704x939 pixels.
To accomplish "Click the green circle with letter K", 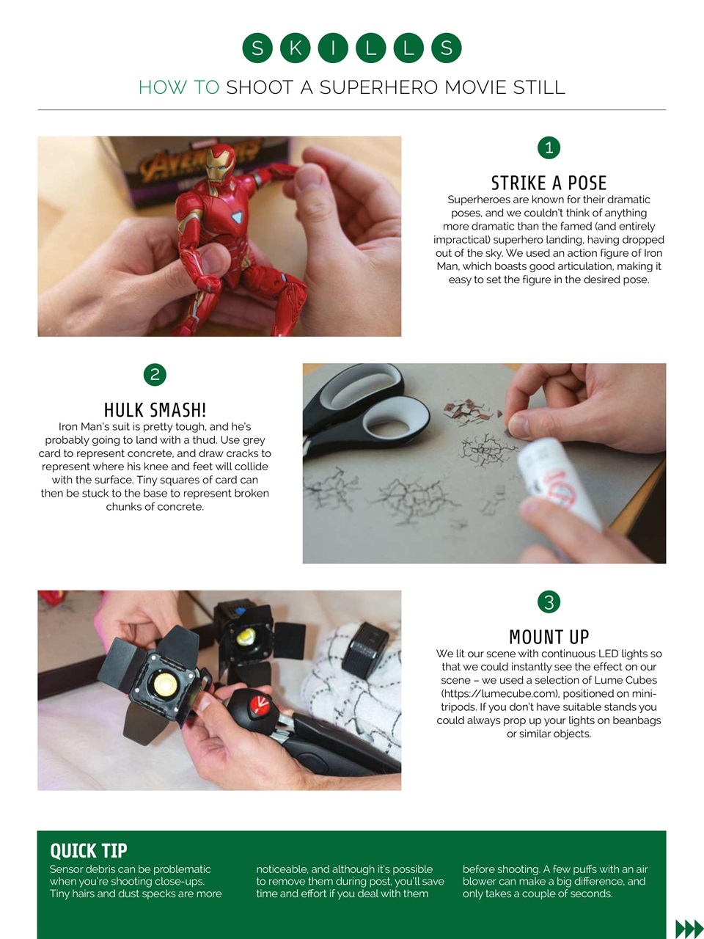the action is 295,48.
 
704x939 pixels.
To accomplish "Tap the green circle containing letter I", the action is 333,48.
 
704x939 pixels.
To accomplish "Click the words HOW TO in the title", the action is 179,88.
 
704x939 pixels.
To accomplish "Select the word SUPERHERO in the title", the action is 378,88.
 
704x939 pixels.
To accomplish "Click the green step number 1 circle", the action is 549,147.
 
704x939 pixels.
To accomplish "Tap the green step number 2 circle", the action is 155,375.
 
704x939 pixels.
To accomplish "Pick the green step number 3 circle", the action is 549,602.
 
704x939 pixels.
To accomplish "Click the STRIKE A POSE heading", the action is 549,183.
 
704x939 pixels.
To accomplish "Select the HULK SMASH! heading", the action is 155,410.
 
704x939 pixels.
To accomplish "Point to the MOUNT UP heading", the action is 549,637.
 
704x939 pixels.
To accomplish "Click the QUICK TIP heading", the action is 89,851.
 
